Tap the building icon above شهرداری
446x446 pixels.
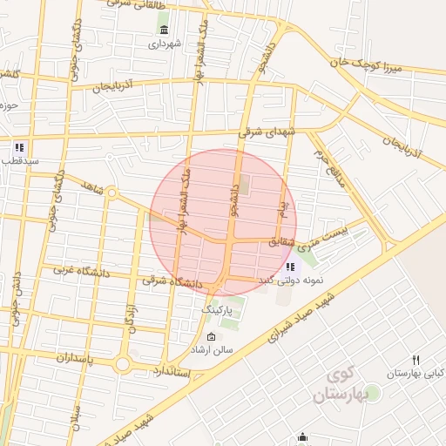[x=164, y=31]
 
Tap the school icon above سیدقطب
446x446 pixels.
[x=18, y=147]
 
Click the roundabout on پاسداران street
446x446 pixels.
[x=123, y=363]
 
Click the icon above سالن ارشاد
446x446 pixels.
[x=212, y=337]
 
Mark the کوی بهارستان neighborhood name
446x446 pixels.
[x=347, y=384]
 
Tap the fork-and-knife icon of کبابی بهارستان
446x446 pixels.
[x=416, y=360]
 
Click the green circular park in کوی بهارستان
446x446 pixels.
[x=373, y=394]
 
